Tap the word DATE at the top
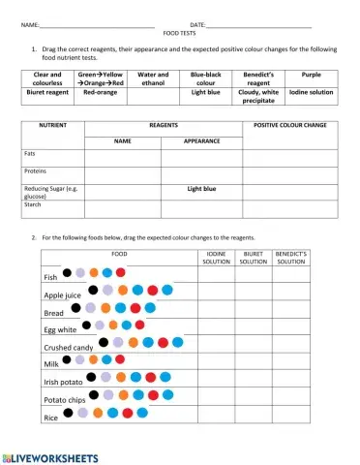click(198, 23)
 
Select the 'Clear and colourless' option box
click(47, 78)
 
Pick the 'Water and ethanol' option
click(154, 78)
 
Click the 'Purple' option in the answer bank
click(312, 74)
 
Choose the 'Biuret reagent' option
click(47, 93)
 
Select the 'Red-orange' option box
click(102, 93)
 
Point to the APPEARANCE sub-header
click(202, 141)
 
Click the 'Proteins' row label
click(36, 170)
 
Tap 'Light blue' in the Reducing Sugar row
click(202, 189)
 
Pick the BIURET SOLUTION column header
click(254, 258)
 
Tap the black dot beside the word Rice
click(70, 413)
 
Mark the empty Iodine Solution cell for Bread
click(216, 312)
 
